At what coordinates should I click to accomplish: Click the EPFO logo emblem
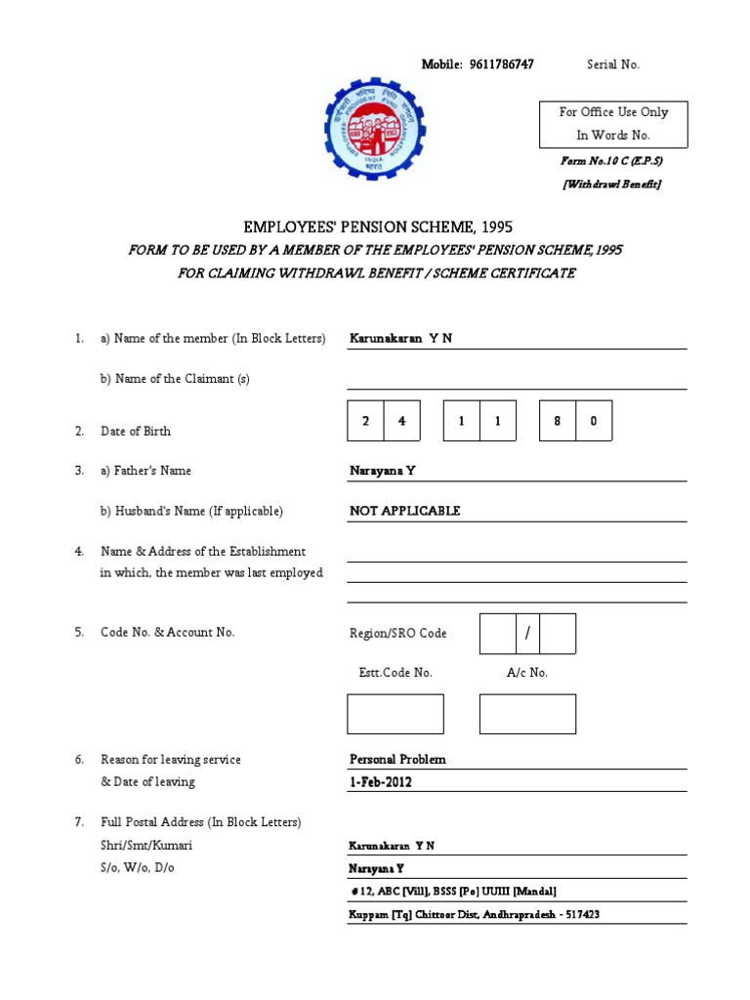375,129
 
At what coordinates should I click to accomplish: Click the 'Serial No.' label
613,64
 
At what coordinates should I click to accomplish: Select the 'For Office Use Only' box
613,124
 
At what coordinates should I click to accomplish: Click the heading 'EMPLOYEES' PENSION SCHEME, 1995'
375,227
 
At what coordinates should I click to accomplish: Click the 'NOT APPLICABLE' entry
404,511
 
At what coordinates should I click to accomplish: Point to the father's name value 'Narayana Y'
383,471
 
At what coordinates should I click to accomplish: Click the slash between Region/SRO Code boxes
527,634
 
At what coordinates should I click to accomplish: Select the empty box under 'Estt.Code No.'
396,714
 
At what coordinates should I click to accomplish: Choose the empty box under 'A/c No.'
527,714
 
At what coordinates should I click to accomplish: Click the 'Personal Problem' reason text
397,759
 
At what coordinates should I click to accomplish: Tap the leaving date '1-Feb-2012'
381,782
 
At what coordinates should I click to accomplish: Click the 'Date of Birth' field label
136,431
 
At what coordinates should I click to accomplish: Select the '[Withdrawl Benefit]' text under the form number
612,185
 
